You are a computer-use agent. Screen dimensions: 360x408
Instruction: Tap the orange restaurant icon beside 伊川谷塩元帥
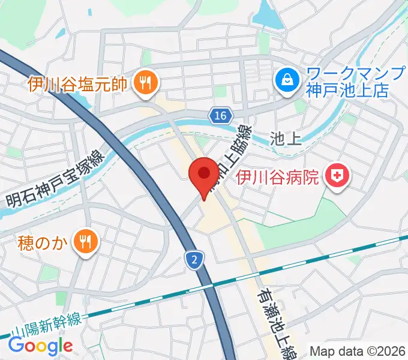(144, 82)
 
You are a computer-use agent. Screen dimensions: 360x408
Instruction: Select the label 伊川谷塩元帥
(77, 83)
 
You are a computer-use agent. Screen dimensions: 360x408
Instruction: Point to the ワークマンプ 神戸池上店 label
(347, 82)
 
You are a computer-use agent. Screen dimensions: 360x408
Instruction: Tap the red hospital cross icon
(337, 176)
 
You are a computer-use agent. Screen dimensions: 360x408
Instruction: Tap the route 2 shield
(194, 260)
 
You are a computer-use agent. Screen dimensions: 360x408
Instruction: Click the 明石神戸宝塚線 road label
(55, 179)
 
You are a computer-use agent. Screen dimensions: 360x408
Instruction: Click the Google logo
(40, 346)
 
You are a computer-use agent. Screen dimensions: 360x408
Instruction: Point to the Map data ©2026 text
(357, 350)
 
